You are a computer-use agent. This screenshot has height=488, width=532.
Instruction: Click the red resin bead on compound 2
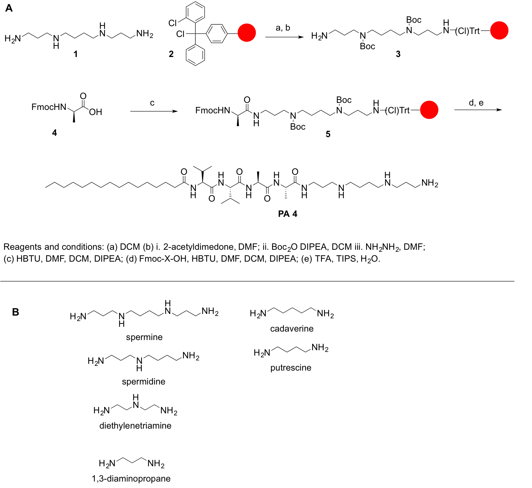[x=247, y=33]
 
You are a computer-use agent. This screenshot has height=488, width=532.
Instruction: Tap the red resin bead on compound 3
[x=499, y=31]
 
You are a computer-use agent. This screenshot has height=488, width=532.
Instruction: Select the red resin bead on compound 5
[x=429, y=110]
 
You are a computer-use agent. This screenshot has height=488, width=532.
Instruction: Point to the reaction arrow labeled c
[x=154, y=111]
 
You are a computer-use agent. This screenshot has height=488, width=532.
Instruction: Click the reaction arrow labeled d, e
[x=478, y=110]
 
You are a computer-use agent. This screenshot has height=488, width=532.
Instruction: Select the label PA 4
[x=287, y=214]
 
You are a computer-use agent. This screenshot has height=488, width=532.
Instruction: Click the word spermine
[x=144, y=337]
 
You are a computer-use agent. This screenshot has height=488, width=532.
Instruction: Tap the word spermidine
[x=144, y=381]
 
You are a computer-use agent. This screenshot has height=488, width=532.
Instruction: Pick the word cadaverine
[x=292, y=329]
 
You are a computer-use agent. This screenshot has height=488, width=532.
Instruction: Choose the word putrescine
[x=291, y=368]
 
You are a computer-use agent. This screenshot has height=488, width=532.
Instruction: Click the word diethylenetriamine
[x=135, y=426]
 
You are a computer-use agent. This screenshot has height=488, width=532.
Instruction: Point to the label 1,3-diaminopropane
[x=131, y=478]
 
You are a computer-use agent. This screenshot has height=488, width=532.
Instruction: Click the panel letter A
[x=9, y=8]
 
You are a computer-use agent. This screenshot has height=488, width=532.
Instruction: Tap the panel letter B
[x=16, y=312]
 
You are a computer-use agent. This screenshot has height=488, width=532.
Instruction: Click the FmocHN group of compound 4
[x=49, y=107]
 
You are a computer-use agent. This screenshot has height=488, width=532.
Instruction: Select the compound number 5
[x=328, y=134]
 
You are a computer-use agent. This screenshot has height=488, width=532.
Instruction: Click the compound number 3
[x=398, y=54]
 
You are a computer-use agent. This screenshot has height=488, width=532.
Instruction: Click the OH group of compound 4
[x=96, y=112]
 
